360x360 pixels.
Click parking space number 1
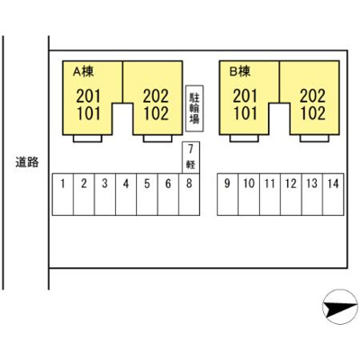point(63,194)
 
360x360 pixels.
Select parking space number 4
point(126,194)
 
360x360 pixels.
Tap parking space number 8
point(189,194)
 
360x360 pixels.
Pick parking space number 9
point(228,194)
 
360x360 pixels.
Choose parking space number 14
point(333,194)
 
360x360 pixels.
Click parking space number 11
point(270,194)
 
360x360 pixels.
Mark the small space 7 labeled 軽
point(191,157)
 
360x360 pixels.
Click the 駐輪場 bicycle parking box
point(194,109)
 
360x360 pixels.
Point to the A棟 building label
point(84,71)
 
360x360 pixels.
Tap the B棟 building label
point(240,71)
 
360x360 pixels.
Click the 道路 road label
point(27,162)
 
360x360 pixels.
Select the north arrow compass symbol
point(340,307)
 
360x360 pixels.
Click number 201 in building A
point(88,96)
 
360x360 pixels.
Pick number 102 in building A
point(156,113)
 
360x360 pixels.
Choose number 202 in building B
point(313,96)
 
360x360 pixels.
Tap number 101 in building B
point(246,113)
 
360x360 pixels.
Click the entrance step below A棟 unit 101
point(87,139)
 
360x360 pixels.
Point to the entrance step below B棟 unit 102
point(314,139)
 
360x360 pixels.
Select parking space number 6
point(168,194)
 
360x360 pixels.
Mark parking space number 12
point(291,194)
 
